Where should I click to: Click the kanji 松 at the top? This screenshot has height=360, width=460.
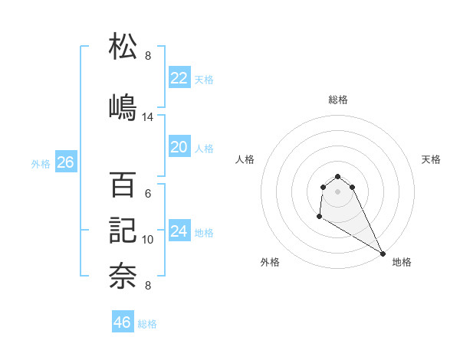pyautogui.click(x=123, y=47)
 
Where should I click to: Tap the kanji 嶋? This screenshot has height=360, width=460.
pyautogui.click(x=123, y=105)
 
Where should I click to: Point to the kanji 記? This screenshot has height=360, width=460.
pyautogui.click(x=123, y=230)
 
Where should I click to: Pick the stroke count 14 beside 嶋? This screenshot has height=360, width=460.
pyautogui.click(x=148, y=117)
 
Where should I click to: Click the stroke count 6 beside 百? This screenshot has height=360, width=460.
pyautogui.click(x=148, y=194)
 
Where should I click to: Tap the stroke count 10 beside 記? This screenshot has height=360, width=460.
pyautogui.click(x=148, y=240)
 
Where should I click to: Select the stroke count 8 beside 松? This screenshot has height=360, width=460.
pyautogui.click(x=148, y=55)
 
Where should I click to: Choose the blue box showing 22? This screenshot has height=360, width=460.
pyautogui.click(x=179, y=78)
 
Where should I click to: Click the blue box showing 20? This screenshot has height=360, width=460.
pyautogui.click(x=179, y=147)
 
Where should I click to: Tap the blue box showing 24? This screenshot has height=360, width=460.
pyautogui.click(x=179, y=231)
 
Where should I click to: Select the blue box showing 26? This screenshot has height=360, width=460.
pyautogui.click(x=65, y=162)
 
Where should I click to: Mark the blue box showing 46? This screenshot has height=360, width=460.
pyautogui.click(x=122, y=322)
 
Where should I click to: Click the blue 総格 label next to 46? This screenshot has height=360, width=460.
pyautogui.click(x=147, y=324)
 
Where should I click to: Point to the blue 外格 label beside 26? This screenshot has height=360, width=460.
pyautogui.click(x=41, y=163)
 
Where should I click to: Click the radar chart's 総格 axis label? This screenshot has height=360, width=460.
pyautogui.click(x=337, y=100)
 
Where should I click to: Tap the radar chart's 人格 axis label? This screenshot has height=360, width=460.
pyautogui.click(x=245, y=159)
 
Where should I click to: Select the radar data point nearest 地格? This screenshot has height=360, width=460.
pyautogui.click(x=383, y=254)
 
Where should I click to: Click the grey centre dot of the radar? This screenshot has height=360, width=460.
pyautogui.click(x=337, y=191)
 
